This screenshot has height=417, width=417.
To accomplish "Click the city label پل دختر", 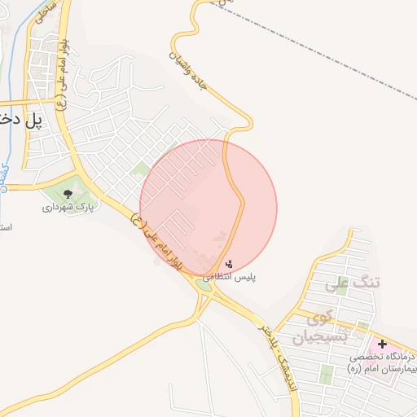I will tap(21, 120).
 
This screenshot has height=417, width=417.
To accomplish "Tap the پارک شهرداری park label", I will tap(68, 208).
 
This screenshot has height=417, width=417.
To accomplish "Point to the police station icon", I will tap(229, 264).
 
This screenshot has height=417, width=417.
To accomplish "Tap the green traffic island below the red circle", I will tap(204, 285).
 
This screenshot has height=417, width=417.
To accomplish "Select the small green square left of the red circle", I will tap(140, 169).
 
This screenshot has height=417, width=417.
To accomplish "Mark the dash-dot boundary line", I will tap(326, 57).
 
